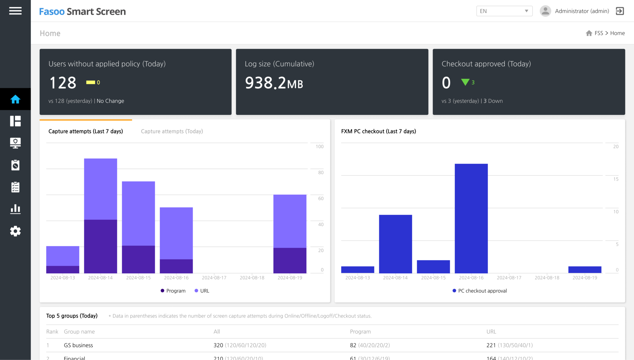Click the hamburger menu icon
tap(15, 11)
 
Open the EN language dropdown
tap(504, 11)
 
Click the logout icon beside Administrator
tap(620, 11)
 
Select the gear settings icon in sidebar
tap(15, 231)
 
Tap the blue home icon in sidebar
tap(15, 99)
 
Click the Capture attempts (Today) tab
tap(172, 131)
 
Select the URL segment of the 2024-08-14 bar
tap(101, 189)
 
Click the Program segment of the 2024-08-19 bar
tap(290, 260)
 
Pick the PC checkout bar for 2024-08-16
tap(471, 218)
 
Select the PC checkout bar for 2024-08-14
tap(395, 244)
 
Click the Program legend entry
tap(173, 291)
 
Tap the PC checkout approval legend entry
tap(480, 291)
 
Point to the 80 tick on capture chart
tap(321, 172)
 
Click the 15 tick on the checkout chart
tap(616, 179)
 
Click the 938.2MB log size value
tap(274, 83)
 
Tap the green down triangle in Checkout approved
tap(465, 82)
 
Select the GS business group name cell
tap(78, 345)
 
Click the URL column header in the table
tap(491, 332)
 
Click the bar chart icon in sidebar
tap(15, 209)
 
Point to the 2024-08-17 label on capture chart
tap(214, 278)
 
